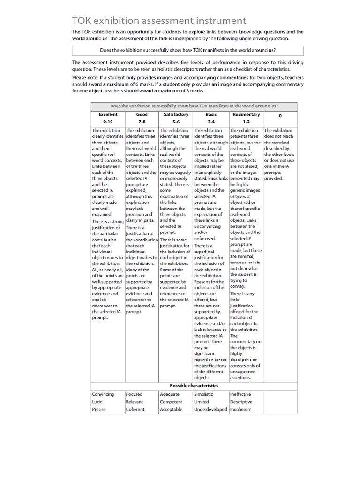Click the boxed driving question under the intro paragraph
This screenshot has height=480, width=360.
click(188, 50)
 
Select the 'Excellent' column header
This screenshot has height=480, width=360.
click(108, 114)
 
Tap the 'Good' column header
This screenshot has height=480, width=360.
click(142, 114)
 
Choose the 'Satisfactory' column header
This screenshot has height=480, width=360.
click(176, 114)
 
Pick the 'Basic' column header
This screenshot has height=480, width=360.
click(211, 114)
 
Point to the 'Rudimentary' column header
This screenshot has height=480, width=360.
click(246, 114)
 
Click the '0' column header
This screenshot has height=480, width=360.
click(280, 115)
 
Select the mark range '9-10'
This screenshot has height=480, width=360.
click(108, 121)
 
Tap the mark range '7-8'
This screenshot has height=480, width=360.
click(142, 121)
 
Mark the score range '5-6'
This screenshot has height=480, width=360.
click(176, 121)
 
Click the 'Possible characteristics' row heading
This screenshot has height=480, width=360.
click(194, 385)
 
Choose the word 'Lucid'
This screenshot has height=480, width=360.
click(97, 402)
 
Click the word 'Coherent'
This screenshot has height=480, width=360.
click(135, 409)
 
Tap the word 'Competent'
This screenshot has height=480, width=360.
click(171, 402)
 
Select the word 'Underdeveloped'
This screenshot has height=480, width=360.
click(211, 409)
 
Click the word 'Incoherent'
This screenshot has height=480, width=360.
click(241, 409)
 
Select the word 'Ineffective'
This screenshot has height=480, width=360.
click(240, 394)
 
